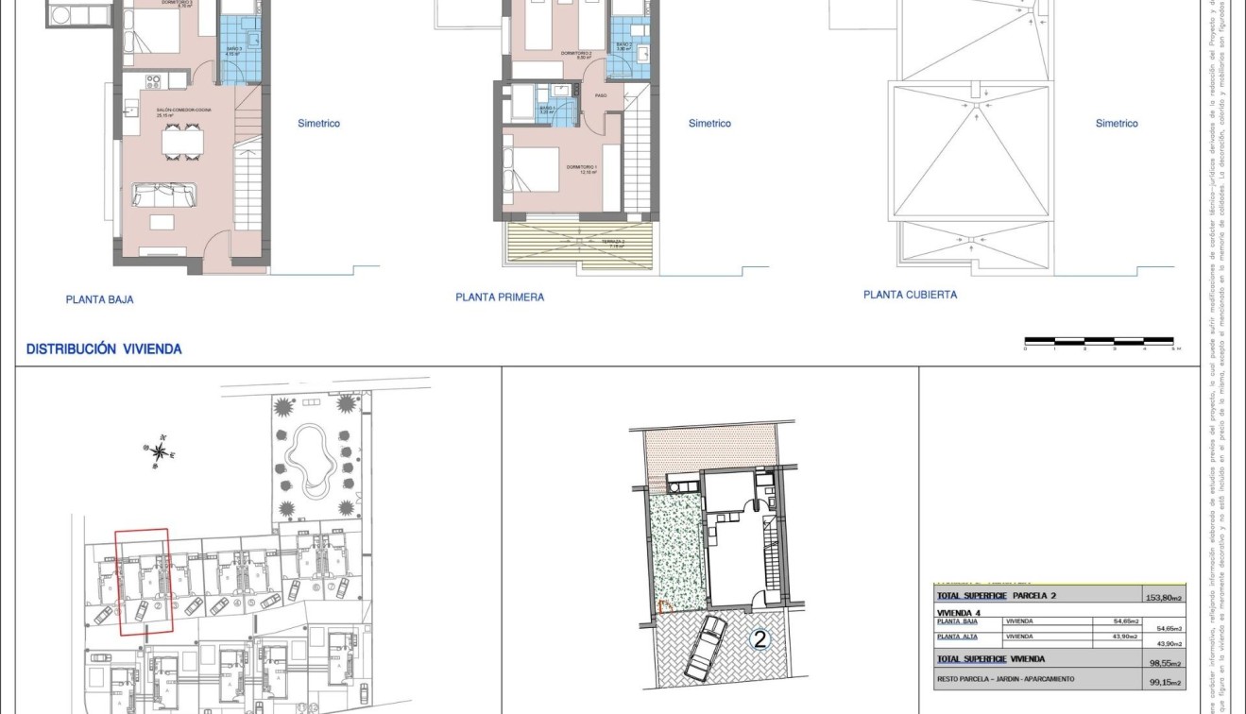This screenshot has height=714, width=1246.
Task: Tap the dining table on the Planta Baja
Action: [182, 142]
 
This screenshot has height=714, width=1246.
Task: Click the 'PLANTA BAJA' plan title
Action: [99, 299]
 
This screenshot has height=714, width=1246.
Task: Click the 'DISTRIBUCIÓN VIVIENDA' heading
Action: [104, 349]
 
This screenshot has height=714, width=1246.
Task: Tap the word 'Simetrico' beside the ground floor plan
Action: [318, 124]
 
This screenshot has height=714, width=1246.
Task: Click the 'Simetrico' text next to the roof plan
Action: [1117, 124]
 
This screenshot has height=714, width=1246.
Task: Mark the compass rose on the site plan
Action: [162, 451]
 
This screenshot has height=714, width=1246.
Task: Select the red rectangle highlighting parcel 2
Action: [143, 580]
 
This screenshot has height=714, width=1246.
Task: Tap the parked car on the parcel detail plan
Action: [704, 648]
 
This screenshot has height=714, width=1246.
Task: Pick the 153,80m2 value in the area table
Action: [1164, 598]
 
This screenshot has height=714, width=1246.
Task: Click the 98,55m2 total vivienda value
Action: [1164, 663]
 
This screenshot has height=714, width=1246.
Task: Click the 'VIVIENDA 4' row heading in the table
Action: [958, 612]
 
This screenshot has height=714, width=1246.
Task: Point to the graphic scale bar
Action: [1099, 340]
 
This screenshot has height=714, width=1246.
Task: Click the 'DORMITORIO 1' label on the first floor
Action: [580, 167]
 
